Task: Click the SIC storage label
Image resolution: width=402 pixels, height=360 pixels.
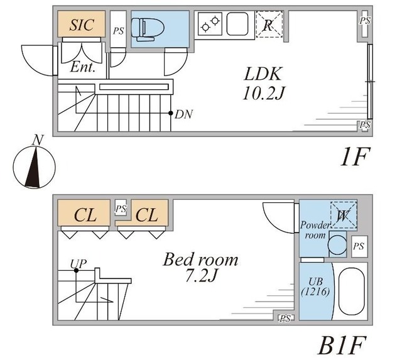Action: (82, 25)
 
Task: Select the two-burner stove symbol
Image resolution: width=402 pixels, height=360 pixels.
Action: (210, 25)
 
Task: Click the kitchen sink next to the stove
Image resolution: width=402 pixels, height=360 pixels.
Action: (239, 25)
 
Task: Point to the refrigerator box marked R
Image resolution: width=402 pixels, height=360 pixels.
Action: (268, 25)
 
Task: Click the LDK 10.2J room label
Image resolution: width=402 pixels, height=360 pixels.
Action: (261, 83)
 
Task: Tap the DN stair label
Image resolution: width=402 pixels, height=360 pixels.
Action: (183, 114)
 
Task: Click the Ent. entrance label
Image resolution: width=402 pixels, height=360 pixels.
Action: (84, 67)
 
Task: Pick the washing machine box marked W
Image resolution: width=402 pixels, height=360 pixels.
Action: (343, 215)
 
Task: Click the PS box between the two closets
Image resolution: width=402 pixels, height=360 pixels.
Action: (121, 208)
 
